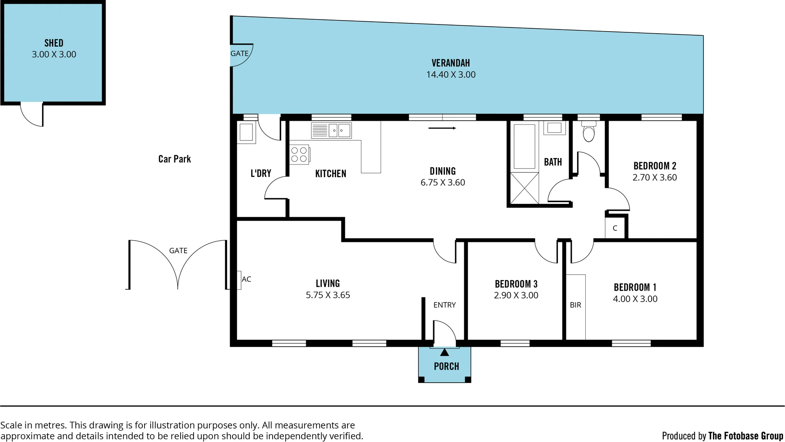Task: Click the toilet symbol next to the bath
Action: [x=588, y=132]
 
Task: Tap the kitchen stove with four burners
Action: [x=299, y=155]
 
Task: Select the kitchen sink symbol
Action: [x=331, y=131]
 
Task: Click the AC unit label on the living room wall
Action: [x=246, y=279]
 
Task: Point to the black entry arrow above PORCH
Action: [x=444, y=352]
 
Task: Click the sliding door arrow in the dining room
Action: [x=442, y=128]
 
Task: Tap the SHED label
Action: [x=54, y=43]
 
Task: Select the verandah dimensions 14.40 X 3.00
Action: [x=451, y=74]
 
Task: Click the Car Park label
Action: [x=174, y=159]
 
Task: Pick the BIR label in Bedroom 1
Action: [x=575, y=305]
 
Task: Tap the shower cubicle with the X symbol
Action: [x=524, y=188]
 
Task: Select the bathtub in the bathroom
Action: [x=524, y=147]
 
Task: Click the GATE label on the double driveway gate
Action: [x=178, y=250]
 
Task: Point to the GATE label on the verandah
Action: [x=239, y=54]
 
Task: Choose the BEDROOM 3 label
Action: [x=516, y=284]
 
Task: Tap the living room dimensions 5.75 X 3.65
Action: [x=328, y=295]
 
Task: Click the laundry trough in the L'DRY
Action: [x=246, y=133]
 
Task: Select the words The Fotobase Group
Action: [x=745, y=436]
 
